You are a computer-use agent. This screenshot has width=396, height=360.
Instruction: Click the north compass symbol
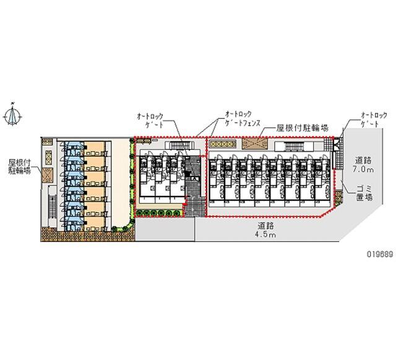click(12, 116)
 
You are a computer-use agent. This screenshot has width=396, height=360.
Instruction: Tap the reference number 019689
click(380, 254)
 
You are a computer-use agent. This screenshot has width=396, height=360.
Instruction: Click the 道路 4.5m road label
click(265, 229)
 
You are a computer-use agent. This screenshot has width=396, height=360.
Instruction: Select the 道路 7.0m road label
click(363, 165)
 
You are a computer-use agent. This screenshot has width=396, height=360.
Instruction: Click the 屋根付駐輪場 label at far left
click(20, 166)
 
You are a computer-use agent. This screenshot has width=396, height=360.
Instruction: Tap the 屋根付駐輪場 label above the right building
click(303, 128)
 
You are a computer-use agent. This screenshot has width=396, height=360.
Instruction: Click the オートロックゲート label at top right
click(374, 119)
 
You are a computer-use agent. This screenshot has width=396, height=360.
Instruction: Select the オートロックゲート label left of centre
click(150, 121)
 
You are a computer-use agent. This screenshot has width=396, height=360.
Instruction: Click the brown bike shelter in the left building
click(48, 174)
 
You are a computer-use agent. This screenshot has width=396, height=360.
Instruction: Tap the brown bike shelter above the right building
click(255, 144)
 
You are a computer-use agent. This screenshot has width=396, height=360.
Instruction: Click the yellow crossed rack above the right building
click(223, 144)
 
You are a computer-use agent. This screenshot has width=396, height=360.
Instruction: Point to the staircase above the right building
click(293, 147)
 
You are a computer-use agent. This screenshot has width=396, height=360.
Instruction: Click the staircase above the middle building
click(179, 145)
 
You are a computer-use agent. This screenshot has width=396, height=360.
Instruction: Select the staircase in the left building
click(53, 207)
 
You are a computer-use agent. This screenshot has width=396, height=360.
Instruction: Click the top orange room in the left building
click(95, 148)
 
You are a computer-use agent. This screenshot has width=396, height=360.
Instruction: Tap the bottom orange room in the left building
click(95, 224)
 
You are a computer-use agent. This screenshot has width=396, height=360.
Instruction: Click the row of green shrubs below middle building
click(160, 213)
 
